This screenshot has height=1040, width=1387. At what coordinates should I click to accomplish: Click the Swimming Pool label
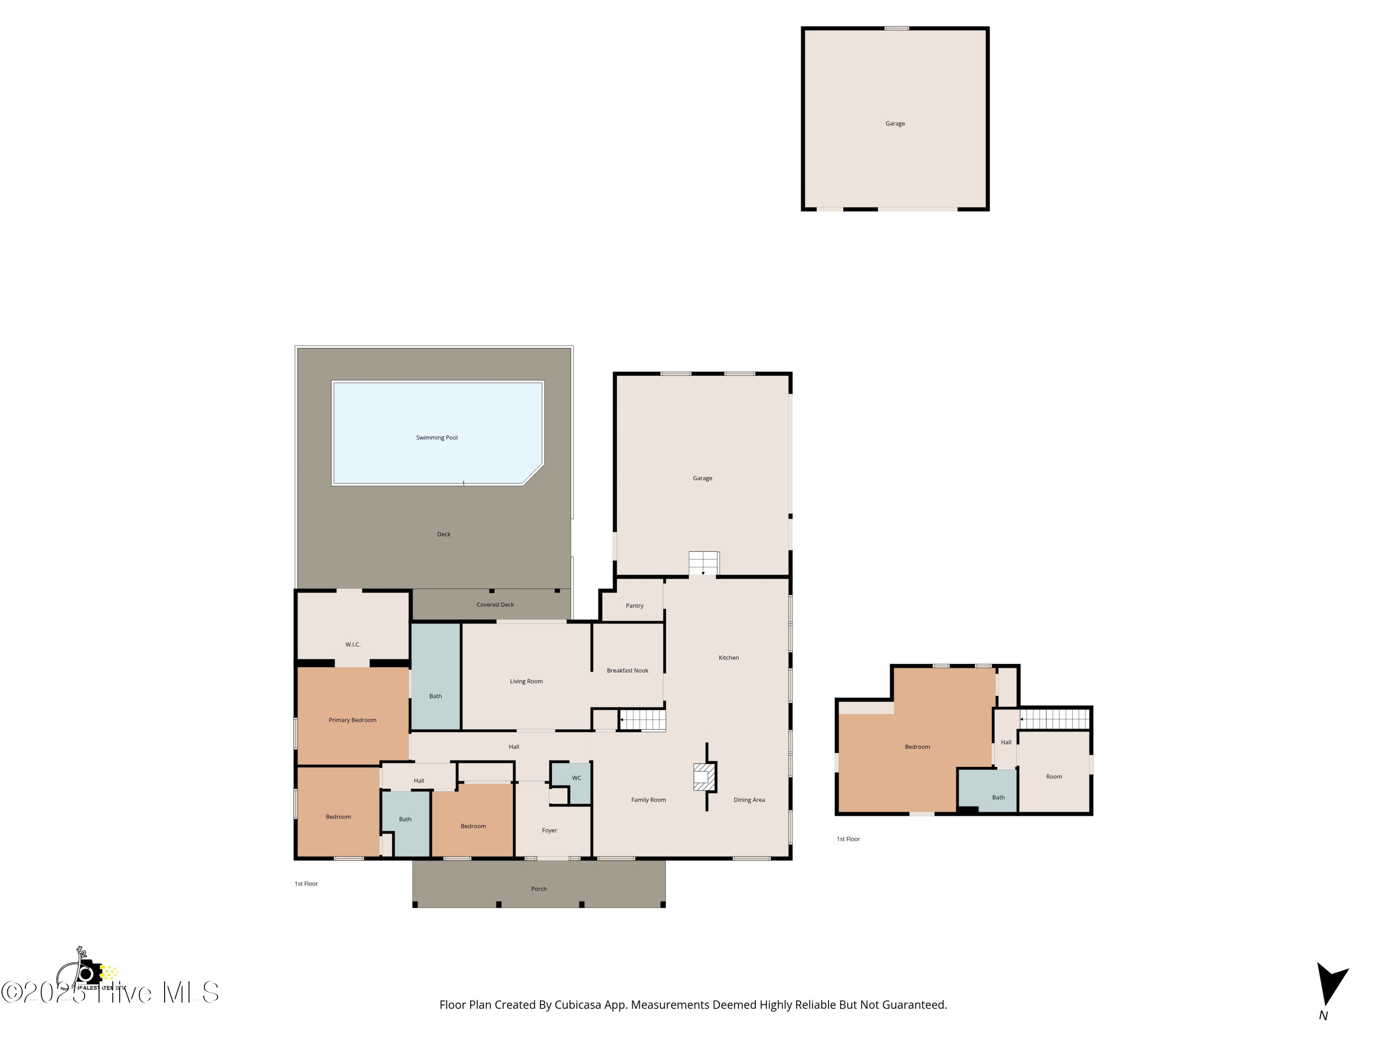click(436, 438)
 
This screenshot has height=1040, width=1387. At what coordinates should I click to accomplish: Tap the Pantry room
click(634, 606)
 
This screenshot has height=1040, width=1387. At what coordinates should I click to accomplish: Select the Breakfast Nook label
click(627, 671)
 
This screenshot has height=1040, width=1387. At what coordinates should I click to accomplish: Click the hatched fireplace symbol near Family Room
click(704, 777)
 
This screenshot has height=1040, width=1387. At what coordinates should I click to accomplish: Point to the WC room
click(576, 778)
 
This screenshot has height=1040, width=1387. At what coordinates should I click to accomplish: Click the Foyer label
click(549, 831)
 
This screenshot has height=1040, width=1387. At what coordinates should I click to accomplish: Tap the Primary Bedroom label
click(352, 720)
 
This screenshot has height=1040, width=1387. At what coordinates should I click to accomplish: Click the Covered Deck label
click(495, 605)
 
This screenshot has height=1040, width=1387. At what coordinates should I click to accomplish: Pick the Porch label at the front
click(539, 889)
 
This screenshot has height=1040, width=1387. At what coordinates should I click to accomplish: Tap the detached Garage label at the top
click(895, 123)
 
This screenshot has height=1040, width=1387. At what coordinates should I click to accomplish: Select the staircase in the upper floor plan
click(1056, 719)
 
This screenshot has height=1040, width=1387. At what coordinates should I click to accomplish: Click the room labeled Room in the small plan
click(1053, 777)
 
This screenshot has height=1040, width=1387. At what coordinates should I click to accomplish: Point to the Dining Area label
click(749, 800)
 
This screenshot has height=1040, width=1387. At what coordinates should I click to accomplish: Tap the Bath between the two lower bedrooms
click(405, 820)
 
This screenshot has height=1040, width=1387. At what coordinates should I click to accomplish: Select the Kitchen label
click(728, 658)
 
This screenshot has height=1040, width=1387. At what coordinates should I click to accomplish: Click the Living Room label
click(526, 681)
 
